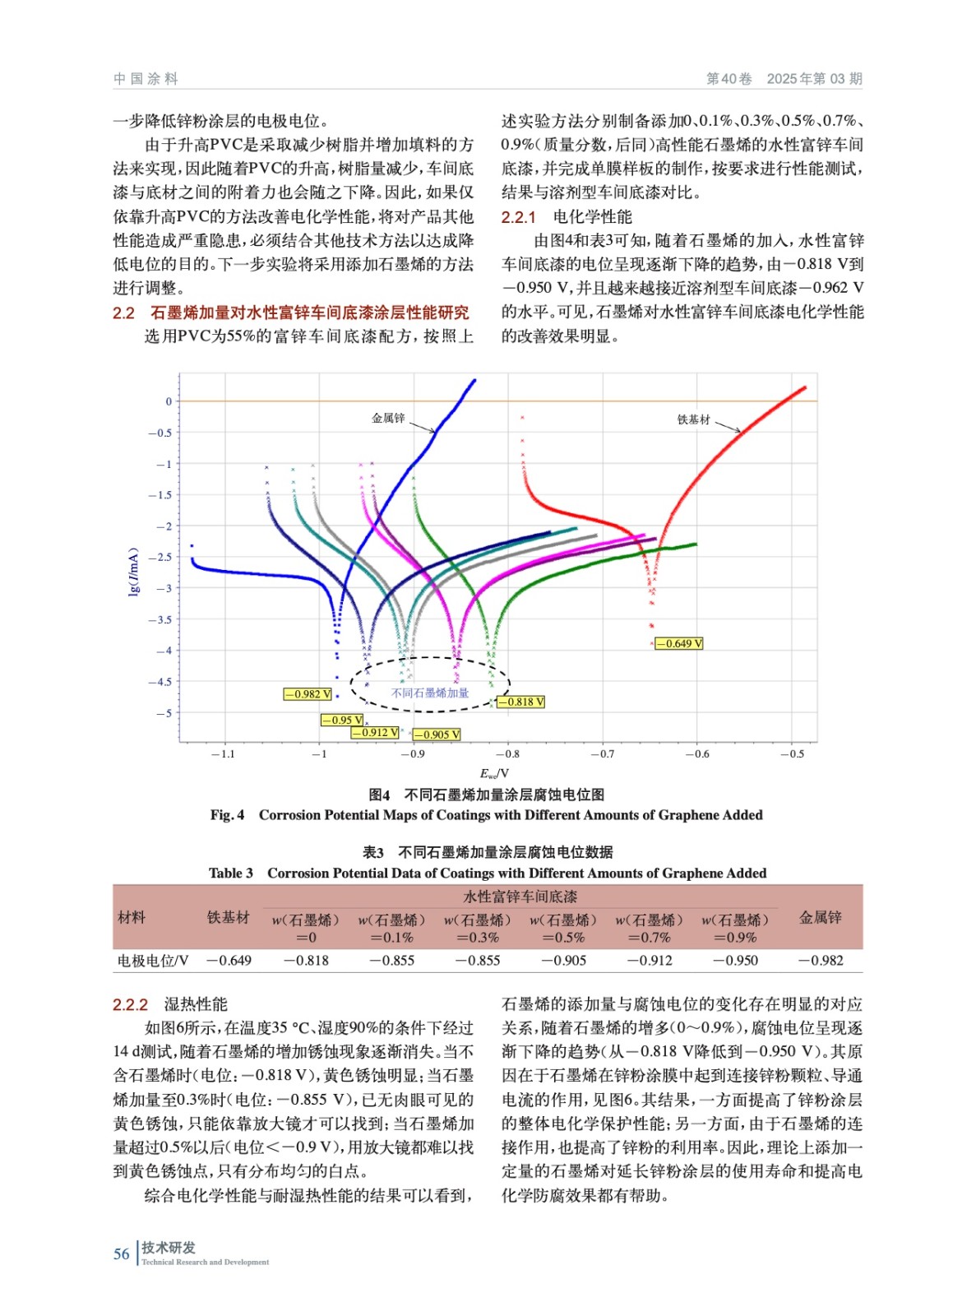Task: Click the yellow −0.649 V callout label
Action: point(679,643)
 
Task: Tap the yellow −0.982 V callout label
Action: point(308,694)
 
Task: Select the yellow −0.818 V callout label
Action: point(520,702)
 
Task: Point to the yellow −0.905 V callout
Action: point(437,734)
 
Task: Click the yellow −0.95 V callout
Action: point(342,721)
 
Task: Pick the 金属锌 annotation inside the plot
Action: point(388,418)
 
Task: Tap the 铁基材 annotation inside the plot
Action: point(693,419)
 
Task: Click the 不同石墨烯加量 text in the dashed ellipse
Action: point(430,693)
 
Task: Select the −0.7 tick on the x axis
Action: point(602,753)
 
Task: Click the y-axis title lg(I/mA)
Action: point(133,571)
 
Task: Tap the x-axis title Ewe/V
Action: point(495,773)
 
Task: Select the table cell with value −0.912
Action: point(650,960)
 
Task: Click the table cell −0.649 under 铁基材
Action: point(229,960)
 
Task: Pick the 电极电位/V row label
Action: point(153,960)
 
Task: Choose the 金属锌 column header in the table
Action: point(820,917)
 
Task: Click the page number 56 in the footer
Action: point(122,1253)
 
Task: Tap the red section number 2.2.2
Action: point(130,1004)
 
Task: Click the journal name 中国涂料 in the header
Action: point(146,79)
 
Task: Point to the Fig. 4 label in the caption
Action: point(227,815)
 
